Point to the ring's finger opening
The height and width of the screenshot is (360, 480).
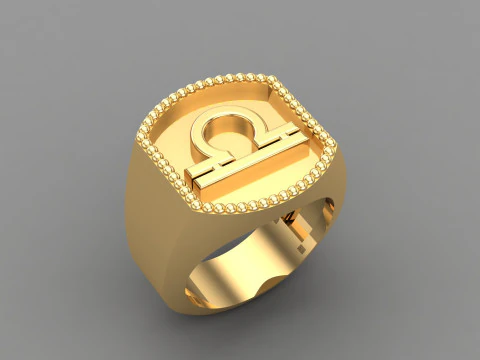pos(250,265)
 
